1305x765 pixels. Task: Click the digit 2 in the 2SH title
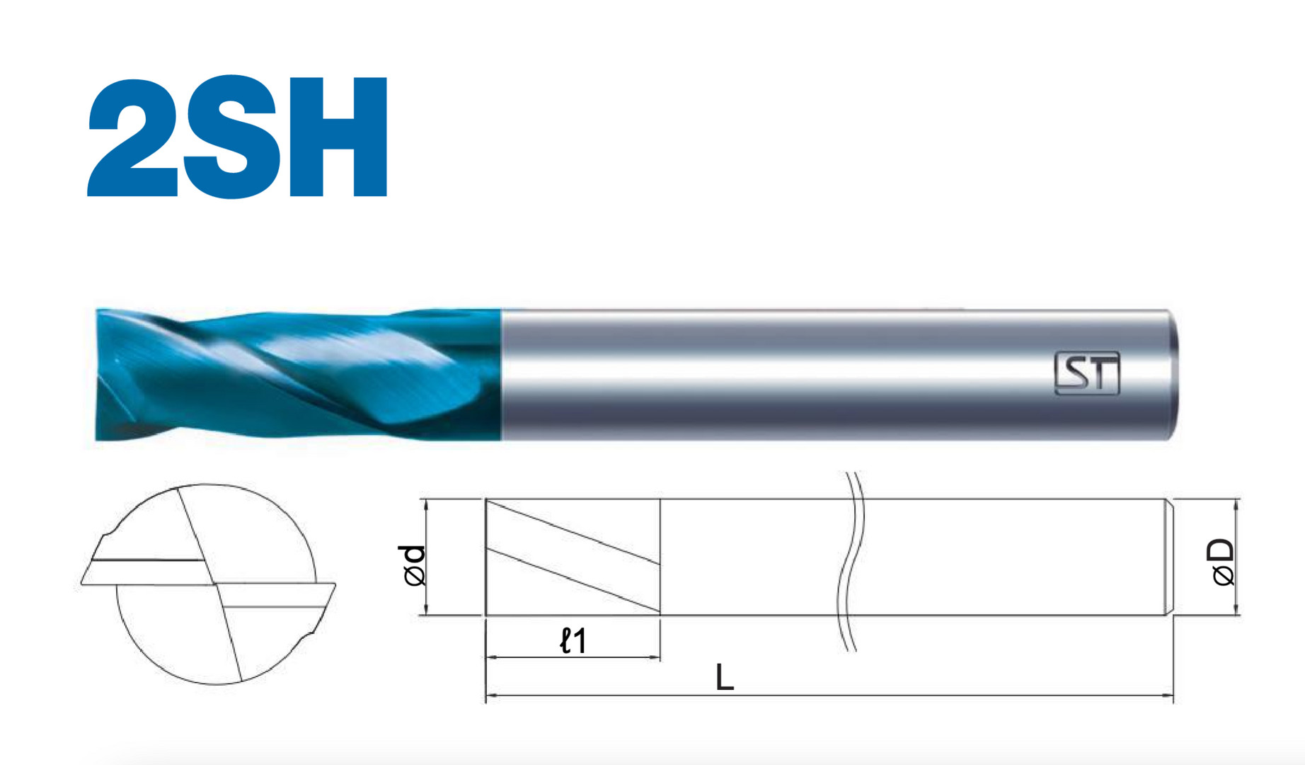tap(132, 137)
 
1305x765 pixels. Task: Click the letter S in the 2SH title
tap(230, 136)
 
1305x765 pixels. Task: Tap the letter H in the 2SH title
tap(338, 137)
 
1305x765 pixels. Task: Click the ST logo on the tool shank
tap(1087, 373)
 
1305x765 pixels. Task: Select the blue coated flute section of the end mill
tap(298, 375)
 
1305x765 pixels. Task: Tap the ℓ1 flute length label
tap(573, 640)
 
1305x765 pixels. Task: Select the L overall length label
tap(725, 677)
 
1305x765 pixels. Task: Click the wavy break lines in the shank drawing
tap(851, 561)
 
